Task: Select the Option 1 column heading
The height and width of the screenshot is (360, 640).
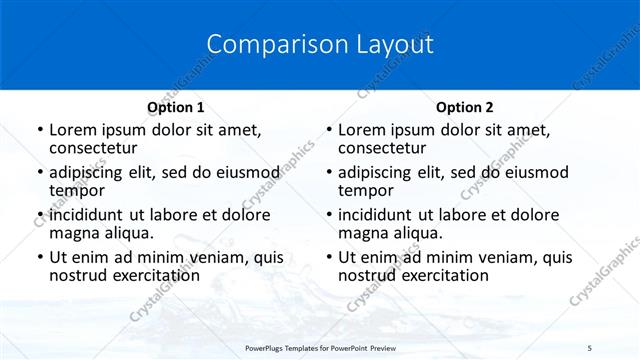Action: [x=175, y=107]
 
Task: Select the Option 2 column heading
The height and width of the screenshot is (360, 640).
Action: [x=465, y=107]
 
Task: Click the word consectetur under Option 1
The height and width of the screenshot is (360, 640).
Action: [x=94, y=148]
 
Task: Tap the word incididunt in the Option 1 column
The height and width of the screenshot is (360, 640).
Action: [x=87, y=215]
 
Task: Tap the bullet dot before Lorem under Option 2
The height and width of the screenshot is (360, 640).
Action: [x=329, y=131]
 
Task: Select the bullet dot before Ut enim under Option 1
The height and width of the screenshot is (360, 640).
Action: [x=40, y=258]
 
